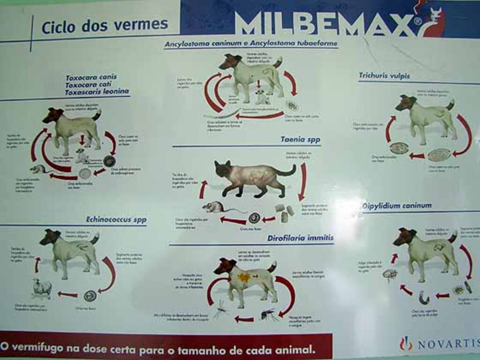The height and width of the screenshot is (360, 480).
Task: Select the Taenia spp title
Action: pyautogui.click(x=300, y=139)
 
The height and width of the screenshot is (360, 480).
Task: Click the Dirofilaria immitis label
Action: pyautogui.click(x=300, y=238)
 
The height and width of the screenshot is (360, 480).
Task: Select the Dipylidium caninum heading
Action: pyautogui.click(x=397, y=205)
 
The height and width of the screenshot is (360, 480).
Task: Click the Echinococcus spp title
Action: pyautogui.click(x=116, y=219)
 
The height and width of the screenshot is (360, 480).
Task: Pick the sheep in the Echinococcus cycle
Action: pyautogui.click(x=42, y=287)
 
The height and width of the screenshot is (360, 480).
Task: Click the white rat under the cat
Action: pyautogui.click(x=215, y=207)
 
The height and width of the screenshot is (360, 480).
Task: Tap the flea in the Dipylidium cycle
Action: pyautogui.click(x=390, y=274)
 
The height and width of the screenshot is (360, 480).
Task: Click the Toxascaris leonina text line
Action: pyautogui.click(x=97, y=92)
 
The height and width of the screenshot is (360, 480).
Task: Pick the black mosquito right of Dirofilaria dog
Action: pyautogui.click(x=268, y=314)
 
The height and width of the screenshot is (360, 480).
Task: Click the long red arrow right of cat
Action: pyautogui.click(x=303, y=180)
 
